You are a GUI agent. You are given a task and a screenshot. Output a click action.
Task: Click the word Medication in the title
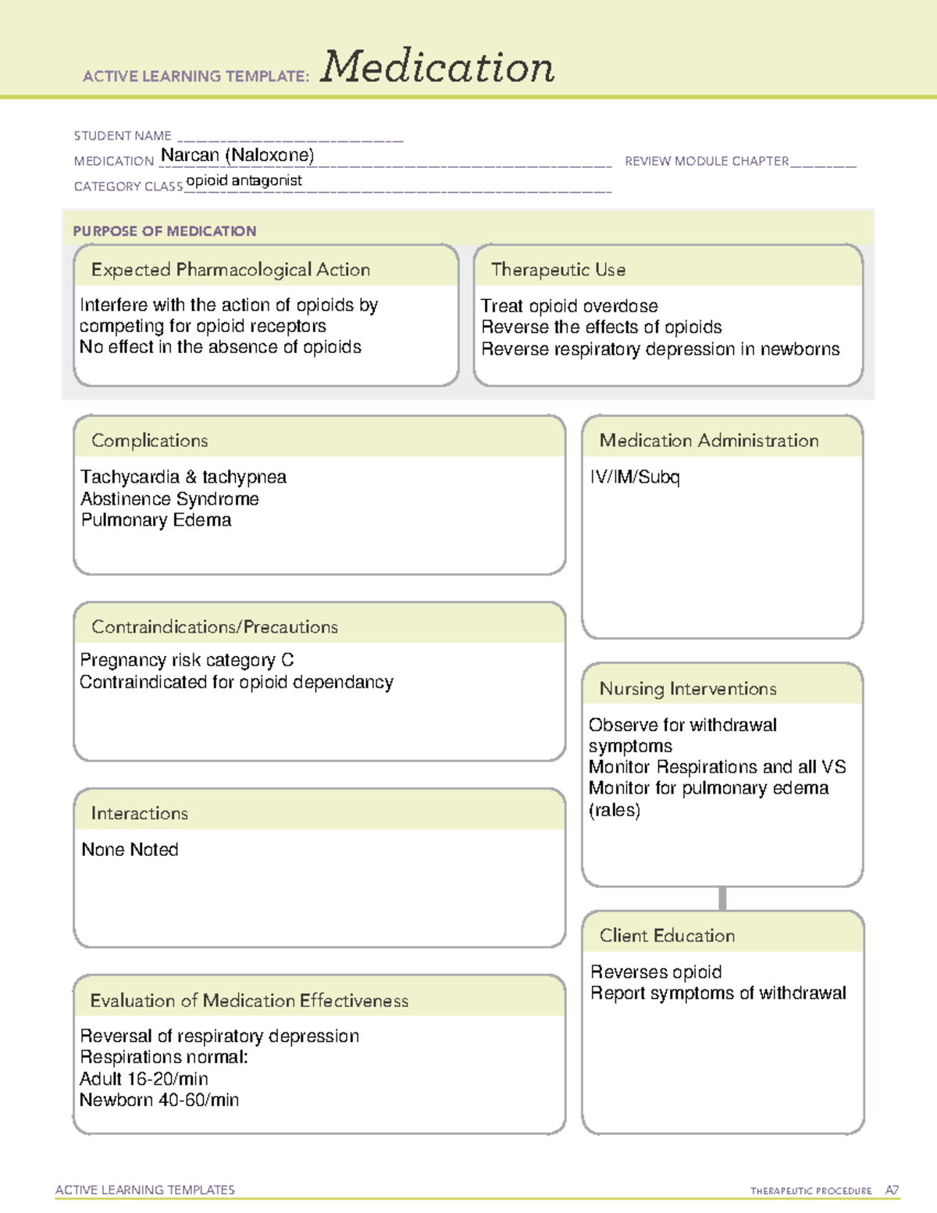pyautogui.click(x=437, y=67)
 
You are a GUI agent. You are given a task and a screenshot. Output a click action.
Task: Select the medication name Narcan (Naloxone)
pyautogui.click(x=237, y=155)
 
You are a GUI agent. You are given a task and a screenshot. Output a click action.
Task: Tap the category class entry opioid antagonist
pyautogui.click(x=244, y=180)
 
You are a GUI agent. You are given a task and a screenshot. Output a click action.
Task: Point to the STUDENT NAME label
pyautogui.click(x=123, y=136)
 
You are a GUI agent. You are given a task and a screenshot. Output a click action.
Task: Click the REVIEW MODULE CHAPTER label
pyautogui.click(x=707, y=161)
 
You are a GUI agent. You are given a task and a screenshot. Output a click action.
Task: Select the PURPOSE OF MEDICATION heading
pyautogui.click(x=165, y=231)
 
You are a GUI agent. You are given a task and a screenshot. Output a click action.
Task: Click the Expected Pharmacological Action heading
pyautogui.click(x=230, y=269)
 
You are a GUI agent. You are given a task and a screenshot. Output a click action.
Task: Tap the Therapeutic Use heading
pyautogui.click(x=558, y=269)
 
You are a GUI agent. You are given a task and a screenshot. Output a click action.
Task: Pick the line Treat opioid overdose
pyautogui.click(x=569, y=306)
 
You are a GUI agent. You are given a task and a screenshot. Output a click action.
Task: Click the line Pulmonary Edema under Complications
pyautogui.click(x=156, y=520)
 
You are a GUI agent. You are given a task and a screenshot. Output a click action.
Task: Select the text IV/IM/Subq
pyautogui.click(x=635, y=477)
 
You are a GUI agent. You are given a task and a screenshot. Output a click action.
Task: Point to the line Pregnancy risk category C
pyautogui.click(x=187, y=661)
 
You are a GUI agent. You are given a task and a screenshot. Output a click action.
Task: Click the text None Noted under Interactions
pyautogui.click(x=130, y=850)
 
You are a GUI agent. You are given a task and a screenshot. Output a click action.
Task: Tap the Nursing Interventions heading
pyautogui.click(x=688, y=689)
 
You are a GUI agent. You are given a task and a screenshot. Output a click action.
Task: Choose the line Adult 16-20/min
pyautogui.click(x=144, y=1079)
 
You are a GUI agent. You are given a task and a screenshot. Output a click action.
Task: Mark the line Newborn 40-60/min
pyautogui.click(x=159, y=1101)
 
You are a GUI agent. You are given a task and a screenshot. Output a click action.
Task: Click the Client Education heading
pyautogui.click(x=667, y=936)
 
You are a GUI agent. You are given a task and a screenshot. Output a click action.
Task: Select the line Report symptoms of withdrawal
pyautogui.click(x=718, y=994)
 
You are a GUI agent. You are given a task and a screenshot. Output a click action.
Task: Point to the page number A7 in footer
pyautogui.click(x=892, y=1190)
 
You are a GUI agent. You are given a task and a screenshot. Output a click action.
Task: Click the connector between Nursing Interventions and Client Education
pyautogui.click(x=722, y=899)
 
